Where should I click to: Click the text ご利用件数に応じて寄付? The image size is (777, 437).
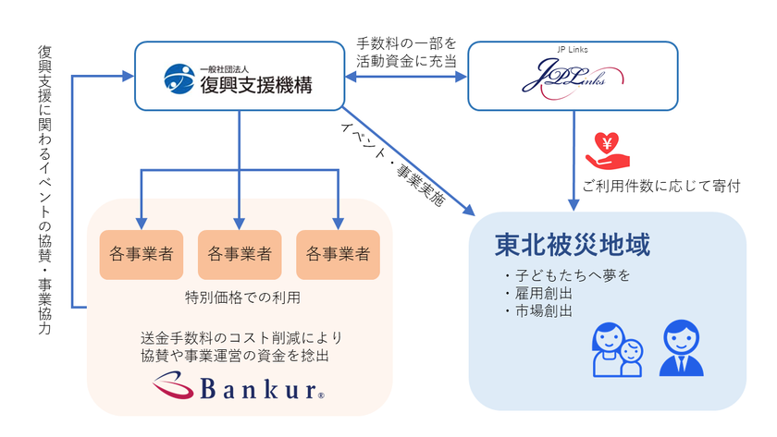661,187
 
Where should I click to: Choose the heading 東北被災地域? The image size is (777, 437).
572,245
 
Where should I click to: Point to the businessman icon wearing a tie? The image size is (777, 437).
681,347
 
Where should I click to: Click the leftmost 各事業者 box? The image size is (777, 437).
141,253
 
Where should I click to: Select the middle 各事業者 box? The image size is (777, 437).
240,253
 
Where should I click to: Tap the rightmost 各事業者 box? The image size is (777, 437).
338,253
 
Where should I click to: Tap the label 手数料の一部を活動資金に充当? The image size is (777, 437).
406,52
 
